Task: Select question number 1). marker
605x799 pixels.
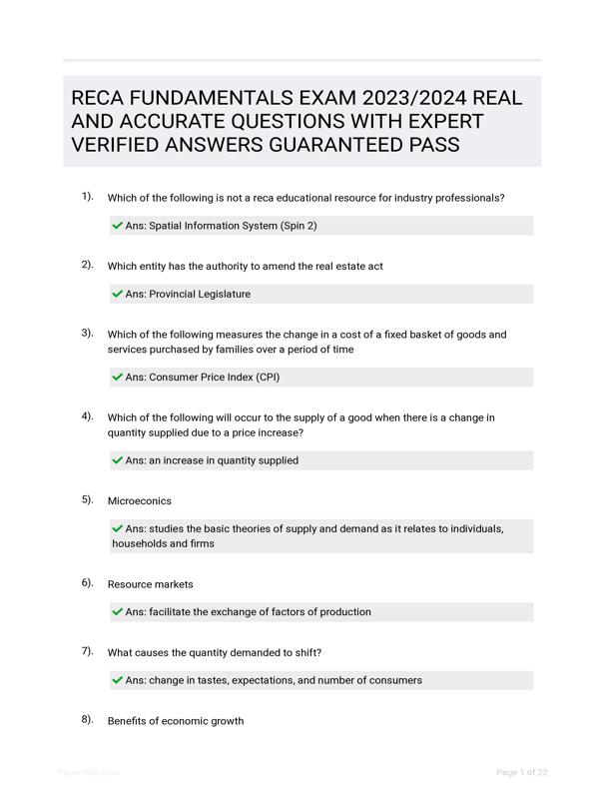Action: (x=88, y=197)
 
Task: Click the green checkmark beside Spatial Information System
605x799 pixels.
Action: (x=118, y=226)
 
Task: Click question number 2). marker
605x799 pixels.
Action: (x=88, y=265)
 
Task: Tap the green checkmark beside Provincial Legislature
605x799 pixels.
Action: (x=118, y=294)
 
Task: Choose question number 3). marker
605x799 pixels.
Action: (x=88, y=333)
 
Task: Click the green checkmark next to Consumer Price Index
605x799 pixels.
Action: (x=118, y=378)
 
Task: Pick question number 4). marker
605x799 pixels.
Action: (x=88, y=416)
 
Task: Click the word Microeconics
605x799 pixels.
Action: (x=140, y=500)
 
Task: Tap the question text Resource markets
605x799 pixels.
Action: (x=151, y=584)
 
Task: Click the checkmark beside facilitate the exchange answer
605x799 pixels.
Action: (x=118, y=612)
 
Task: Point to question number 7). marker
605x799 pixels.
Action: (x=88, y=651)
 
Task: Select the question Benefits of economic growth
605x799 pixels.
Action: (x=176, y=720)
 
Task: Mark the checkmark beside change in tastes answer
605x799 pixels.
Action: (x=118, y=680)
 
